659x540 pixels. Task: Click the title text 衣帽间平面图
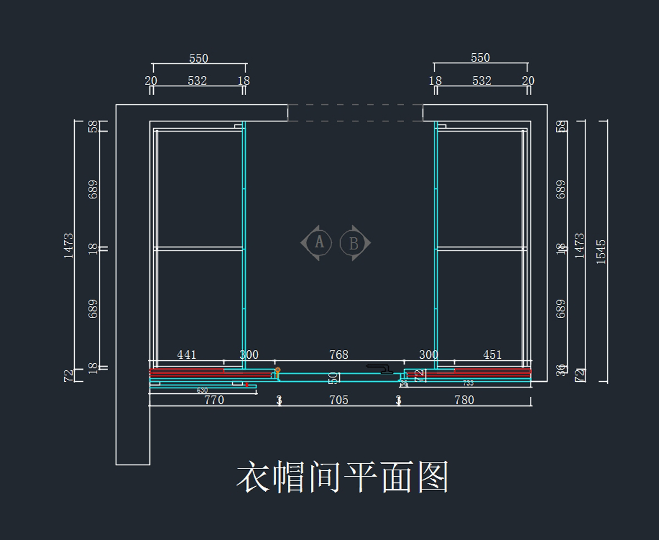click(343, 476)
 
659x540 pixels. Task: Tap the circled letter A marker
click(319, 242)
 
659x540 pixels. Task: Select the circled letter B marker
click(353, 242)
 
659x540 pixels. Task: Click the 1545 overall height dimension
click(601, 251)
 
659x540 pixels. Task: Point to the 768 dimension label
click(339, 355)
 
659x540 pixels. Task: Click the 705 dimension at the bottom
click(339, 400)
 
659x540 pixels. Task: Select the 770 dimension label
click(214, 400)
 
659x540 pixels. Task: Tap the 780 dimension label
click(464, 400)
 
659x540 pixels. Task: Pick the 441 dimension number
click(187, 355)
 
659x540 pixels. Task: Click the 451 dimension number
click(492, 355)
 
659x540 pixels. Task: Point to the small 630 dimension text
click(202, 390)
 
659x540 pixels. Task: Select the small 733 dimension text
click(468, 383)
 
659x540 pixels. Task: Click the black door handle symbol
click(379, 368)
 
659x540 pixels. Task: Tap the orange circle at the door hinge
click(277, 370)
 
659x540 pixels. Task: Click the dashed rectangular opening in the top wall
click(355, 113)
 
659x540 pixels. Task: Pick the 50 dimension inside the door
click(333, 378)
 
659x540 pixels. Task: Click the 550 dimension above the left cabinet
click(199, 58)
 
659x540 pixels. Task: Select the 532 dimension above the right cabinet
click(482, 81)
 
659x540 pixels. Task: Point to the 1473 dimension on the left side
click(68, 246)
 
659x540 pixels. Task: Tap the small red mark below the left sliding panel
click(247, 384)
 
